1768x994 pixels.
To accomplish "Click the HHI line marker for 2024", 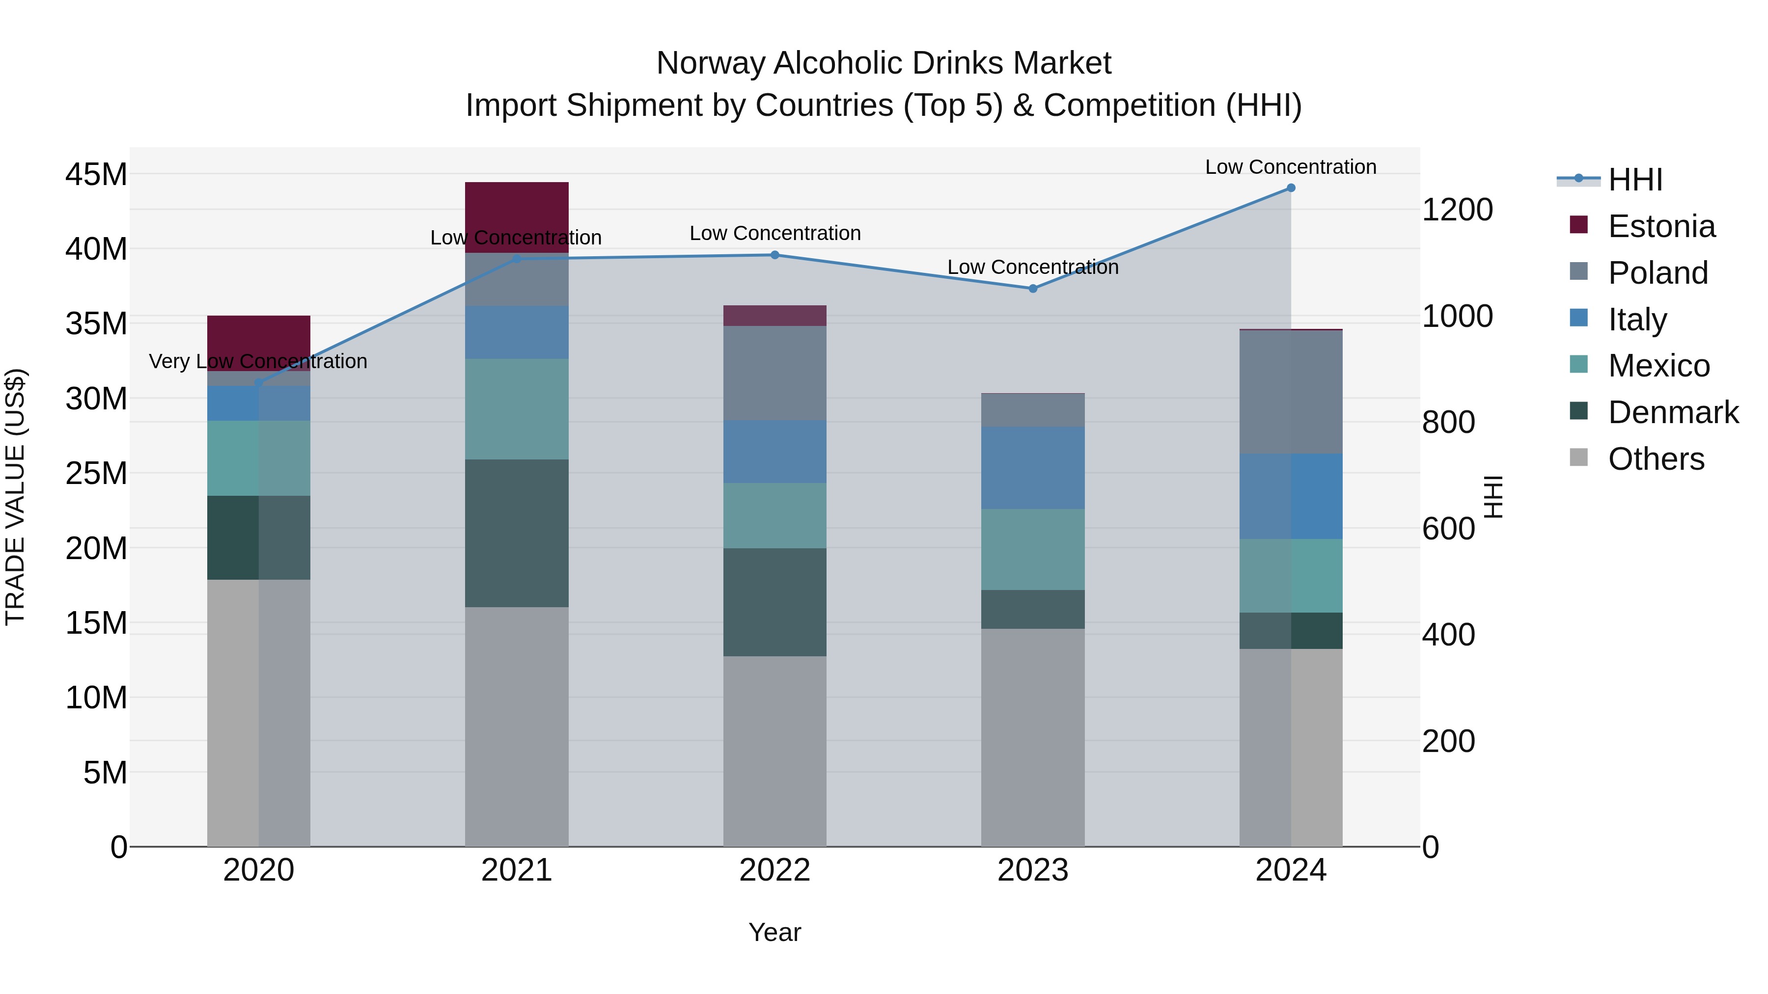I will pyautogui.click(x=1290, y=188).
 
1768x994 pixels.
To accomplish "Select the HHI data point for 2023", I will pyautogui.click(x=1032, y=289).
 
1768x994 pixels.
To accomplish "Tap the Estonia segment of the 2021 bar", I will pyautogui.click(x=516, y=217).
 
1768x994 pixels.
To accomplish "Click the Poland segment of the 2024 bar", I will pyautogui.click(x=1290, y=392).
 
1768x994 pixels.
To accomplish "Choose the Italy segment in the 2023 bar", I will pyautogui.click(x=1032, y=468).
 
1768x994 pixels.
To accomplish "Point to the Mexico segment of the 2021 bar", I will pyautogui.click(x=516, y=409).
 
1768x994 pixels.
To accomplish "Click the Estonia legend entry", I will pyautogui.click(x=1661, y=226).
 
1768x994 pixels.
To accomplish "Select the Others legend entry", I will pyautogui.click(x=1656, y=459).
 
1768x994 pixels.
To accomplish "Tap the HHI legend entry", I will pyautogui.click(x=1635, y=180).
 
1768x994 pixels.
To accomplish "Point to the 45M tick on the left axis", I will pyautogui.click(x=96, y=174).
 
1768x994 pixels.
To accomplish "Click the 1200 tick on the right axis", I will pyautogui.click(x=1457, y=210).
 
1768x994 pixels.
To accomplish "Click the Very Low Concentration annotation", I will pyautogui.click(x=258, y=361).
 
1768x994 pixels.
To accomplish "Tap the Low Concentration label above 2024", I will pyautogui.click(x=1290, y=167).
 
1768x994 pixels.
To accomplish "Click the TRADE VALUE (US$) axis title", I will pyautogui.click(x=16, y=497).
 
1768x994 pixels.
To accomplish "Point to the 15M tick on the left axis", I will pyautogui.click(x=96, y=623).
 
